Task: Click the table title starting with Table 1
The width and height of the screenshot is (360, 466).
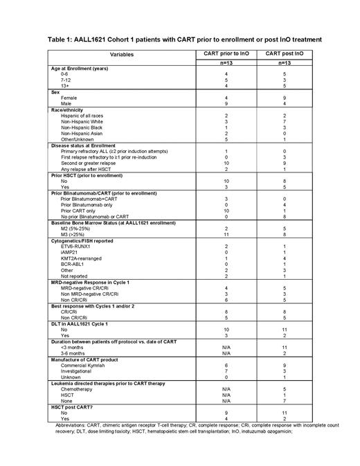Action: [x=179, y=39]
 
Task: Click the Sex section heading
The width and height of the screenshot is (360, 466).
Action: [x=56, y=91]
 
